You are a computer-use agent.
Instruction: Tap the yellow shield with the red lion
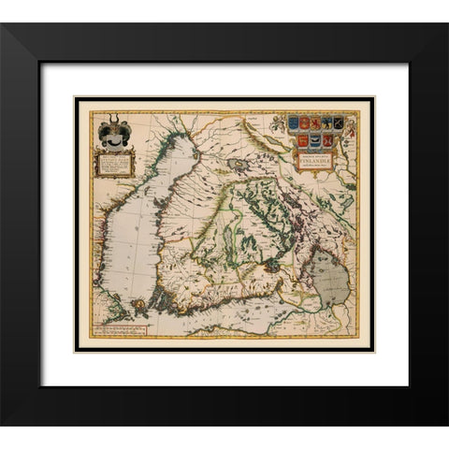click(315, 122)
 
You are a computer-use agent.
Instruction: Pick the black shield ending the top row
click(339, 122)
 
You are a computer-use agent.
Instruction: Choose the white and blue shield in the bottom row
click(316, 139)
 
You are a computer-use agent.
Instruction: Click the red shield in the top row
click(303, 123)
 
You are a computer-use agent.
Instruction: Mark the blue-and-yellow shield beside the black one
click(327, 122)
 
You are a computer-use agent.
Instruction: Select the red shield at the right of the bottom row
click(327, 139)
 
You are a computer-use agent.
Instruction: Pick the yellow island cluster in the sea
click(140, 302)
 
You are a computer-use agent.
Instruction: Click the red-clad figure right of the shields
click(350, 129)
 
